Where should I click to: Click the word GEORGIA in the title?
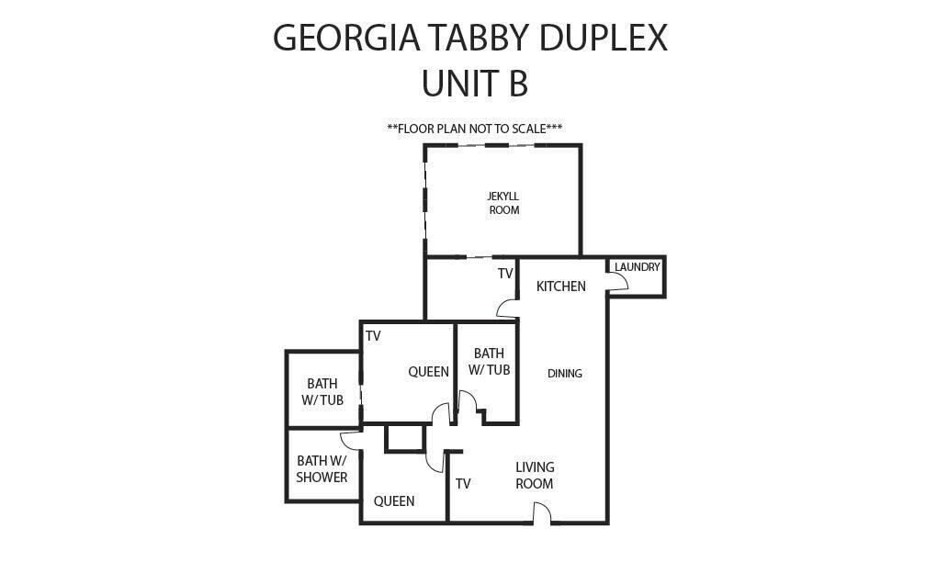pos(346,38)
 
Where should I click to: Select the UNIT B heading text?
pos(475,84)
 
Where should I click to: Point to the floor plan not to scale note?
pos(475,129)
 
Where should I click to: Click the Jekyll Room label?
pos(503,203)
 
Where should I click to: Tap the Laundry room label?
pos(638,267)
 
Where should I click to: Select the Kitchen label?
pos(561,287)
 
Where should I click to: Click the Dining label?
pos(565,373)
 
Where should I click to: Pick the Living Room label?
pos(535,476)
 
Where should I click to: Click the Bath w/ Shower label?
pos(322,468)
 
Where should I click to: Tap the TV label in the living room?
pos(463,484)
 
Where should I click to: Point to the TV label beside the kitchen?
pos(505,274)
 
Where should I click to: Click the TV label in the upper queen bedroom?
pos(373,336)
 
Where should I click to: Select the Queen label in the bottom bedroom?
pos(394,501)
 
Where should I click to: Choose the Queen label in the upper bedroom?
pos(429,372)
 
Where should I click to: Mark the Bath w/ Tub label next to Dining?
pos(489,361)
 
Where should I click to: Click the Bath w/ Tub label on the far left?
pos(322,392)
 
